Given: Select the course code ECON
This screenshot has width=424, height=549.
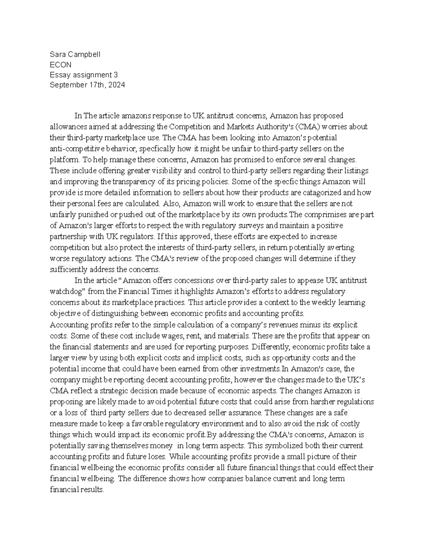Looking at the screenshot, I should point(60,65).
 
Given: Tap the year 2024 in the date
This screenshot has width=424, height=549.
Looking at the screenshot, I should point(117,85).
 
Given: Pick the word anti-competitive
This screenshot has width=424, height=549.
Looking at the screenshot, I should point(73,148).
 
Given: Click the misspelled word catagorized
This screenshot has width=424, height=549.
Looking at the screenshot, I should point(323,193).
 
